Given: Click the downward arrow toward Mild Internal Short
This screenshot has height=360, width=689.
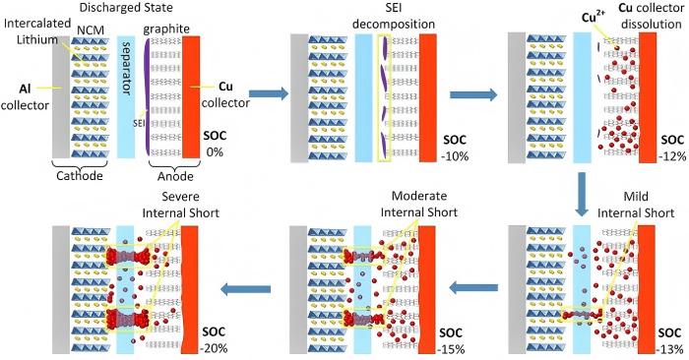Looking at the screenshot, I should (x=583, y=188).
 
